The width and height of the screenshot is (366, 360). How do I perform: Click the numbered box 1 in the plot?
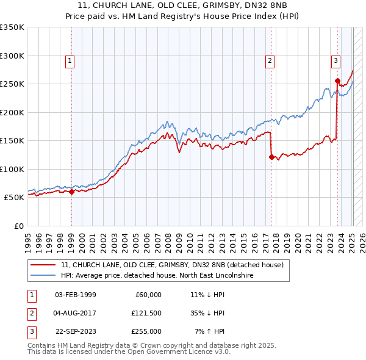71,60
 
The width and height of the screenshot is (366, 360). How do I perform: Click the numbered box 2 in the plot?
269,60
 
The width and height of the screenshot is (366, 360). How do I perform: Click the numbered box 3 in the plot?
335,60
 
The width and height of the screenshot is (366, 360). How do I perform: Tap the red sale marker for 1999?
71,192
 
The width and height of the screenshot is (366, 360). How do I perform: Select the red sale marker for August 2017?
271,157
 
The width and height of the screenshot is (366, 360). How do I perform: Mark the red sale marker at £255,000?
337,81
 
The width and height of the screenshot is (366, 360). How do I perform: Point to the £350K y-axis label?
12,27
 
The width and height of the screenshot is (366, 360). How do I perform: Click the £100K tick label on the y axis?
12,169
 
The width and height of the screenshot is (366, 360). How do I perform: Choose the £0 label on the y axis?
18,226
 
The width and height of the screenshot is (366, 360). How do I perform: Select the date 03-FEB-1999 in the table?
75,295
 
